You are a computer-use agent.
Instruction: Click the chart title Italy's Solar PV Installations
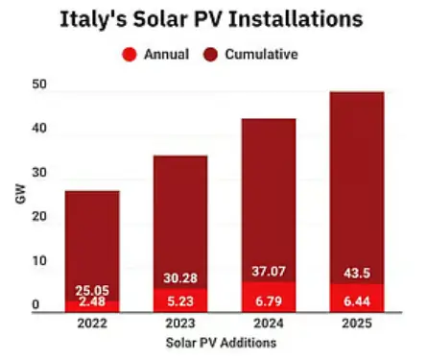pyautogui.click(x=212, y=18)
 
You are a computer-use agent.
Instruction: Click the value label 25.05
pyautogui.click(x=92, y=290)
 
